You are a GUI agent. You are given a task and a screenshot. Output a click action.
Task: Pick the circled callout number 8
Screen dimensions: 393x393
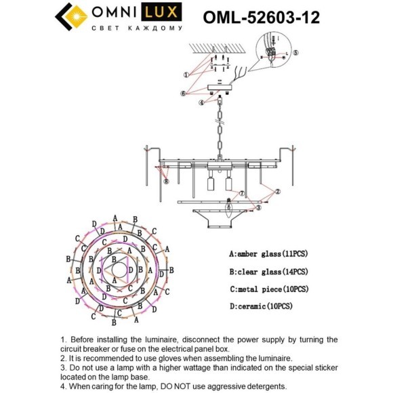(x=166, y=181)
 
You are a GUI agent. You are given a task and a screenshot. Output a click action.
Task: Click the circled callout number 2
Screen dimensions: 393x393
(x=277, y=192)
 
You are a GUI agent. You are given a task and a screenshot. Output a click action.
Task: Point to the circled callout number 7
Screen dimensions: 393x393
(x=241, y=194)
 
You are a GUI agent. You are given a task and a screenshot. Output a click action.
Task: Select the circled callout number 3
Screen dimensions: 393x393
(x=258, y=208)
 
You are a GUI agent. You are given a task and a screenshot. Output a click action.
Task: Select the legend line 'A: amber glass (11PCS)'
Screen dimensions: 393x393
(x=268, y=253)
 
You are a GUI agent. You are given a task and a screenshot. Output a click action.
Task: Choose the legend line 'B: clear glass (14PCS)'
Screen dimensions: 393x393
(x=268, y=272)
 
